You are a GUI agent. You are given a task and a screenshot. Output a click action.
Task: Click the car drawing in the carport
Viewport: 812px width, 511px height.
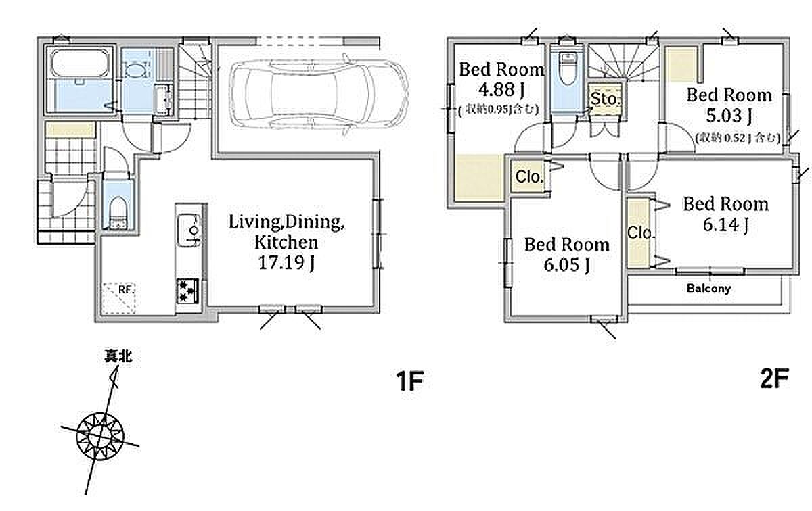tap(319, 93)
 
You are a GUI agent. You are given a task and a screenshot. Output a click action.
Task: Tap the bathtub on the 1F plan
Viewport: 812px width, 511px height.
tap(80, 64)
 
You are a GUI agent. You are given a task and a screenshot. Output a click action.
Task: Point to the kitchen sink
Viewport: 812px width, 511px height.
tap(189, 230)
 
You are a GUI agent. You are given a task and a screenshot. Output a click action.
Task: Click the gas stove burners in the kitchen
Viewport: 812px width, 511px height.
tap(188, 291)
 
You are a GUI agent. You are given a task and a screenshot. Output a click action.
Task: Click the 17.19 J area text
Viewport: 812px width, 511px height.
tap(286, 262)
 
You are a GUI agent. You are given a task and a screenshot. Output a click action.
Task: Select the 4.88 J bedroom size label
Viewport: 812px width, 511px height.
tap(501, 89)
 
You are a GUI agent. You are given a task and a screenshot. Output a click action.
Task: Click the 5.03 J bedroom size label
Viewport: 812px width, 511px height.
tap(729, 116)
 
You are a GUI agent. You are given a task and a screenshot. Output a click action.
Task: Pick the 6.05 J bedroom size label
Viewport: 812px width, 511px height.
tap(566, 265)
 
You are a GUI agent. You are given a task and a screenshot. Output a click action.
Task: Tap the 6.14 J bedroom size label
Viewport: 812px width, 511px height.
tap(725, 224)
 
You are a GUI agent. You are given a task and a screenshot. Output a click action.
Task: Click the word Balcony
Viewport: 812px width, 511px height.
tap(708, 288)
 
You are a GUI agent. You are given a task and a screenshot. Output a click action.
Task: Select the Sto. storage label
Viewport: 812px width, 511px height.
tap(605, 99)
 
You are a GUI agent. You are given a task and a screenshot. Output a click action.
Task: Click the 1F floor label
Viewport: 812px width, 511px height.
tap(409, 381)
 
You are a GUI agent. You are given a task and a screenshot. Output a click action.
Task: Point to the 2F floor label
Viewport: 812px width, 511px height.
tap(774, 378)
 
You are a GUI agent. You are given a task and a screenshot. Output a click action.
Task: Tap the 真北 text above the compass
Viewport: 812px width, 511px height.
tap(118, 356)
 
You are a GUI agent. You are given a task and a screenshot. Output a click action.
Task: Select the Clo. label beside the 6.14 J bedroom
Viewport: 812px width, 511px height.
tap(641, 233)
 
